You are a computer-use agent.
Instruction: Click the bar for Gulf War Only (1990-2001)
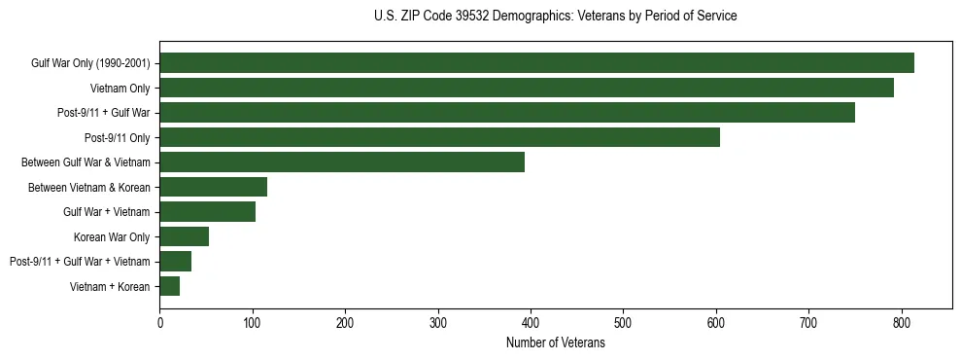[536, 63]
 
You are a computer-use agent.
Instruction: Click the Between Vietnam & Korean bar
[213, 187]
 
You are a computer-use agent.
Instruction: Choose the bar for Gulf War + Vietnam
[207, 212]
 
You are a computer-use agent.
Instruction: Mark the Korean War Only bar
[184, 236]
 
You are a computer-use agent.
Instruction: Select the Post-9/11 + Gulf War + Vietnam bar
[175, 262]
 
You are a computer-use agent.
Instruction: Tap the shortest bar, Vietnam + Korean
[169, 286]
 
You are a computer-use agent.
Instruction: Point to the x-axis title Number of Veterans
[555, 343]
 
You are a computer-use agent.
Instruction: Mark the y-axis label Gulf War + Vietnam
[106, 212]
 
